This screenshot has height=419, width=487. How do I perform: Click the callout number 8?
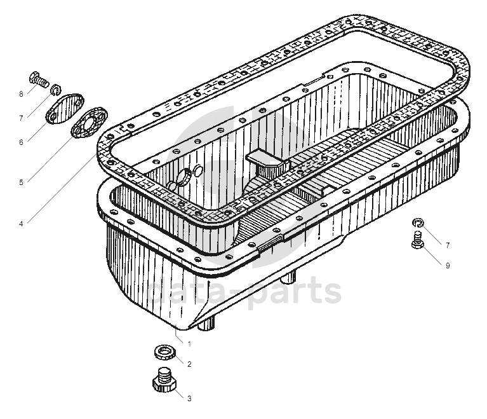pyautogui.click(x=21, y=94)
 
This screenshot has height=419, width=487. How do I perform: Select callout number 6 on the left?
pyautogui.click(x=21, y=142)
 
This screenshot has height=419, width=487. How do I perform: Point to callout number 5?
pyautogui.click(x=21, y=182)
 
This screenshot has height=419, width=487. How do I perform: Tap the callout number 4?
pyautogui.click(x=21, y=223)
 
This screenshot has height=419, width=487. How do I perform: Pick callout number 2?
pyautogui.click(x=189, y=364)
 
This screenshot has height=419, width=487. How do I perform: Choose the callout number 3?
pyautogui.click(x=189, y=399)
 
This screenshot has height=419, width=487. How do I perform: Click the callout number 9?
pyautogui.click(x=448, y=265)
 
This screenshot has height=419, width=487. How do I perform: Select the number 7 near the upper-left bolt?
pyautogui.click(x=21, y=118)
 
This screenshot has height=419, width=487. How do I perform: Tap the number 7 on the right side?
pyautogui.click(x=448, y=245)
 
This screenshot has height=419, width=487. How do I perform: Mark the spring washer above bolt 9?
pyautogui.click(x=417, y=222)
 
